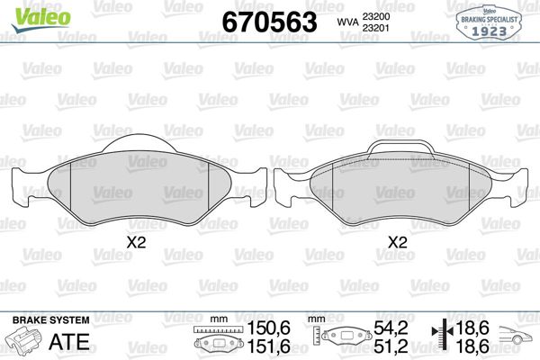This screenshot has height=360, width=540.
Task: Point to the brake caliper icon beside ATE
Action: (x=27, y=343)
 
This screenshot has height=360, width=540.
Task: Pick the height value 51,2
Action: (x=391, y=346)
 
